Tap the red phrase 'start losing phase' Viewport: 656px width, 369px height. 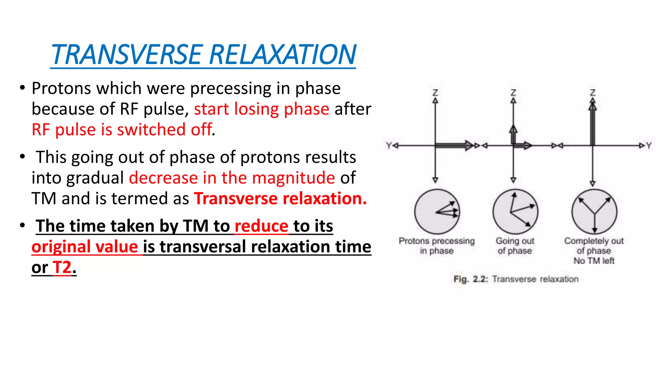pyautogui.click(x=261, y=109)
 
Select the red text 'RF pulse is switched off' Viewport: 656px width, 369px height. pyautogui.click(x=122, y=130)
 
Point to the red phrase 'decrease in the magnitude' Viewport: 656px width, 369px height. pyautogui.click(x=232, y=178)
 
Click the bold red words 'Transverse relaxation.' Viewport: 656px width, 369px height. pyautogui.click(x=280, y=199)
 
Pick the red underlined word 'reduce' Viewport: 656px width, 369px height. pyautogui.click(x=261, y=226)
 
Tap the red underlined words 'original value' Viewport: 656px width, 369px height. pyautogui.click(x=85, y=247)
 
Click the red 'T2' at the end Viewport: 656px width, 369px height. pyautogui.click(x=62, y=267)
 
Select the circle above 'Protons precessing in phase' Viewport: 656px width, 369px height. pyautogui.click(x=437, y=212)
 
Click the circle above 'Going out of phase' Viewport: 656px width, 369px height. pyautogui.click(x=515, y=212)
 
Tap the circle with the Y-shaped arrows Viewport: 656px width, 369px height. pyautogui.click(x=594, y=212)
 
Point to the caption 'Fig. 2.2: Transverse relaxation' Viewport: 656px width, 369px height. pyautogui.click(x=516, y=279)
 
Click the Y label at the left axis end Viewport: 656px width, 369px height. pyautogui.click(x=389, y=146)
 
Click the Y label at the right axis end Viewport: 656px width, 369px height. pyautogui.click(x=649, y=146)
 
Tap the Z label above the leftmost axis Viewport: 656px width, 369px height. pyautogui.click(x=435, y=93)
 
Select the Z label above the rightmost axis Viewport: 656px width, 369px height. pyautogui.click(x=593, y=93)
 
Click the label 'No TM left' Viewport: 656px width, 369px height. pyautogui.click(x=594, y=261)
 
